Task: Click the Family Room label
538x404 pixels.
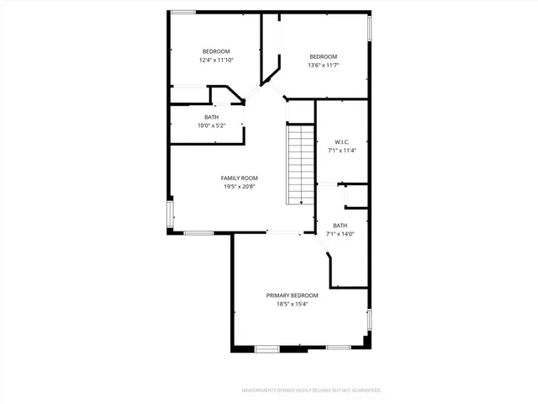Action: pyautogui.click(x=239, y=178)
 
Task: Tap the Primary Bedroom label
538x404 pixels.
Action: pyautogui.click(x=292, y=295)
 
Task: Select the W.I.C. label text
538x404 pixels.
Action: pyautogui.click(x=341, y=141)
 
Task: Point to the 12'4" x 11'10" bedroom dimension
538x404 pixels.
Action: pyautogui.click(x=216, y=60)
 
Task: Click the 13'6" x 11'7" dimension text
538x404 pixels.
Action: pyautogui.click(x=323, y=65)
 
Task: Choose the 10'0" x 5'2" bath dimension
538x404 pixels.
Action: pyautogui.click(x=212, y=125)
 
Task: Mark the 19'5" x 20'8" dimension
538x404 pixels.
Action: pyautogui.click(x=239, y=187)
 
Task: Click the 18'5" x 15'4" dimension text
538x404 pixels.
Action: pyautogui.click(x=292, y=305)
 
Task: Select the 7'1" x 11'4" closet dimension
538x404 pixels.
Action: pyautogui.click(x=341, y=151)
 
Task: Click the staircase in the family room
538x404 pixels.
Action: pyautogui.click(x=299, y=164)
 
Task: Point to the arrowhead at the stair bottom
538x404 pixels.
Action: pyautogui.click(x=301, y=203)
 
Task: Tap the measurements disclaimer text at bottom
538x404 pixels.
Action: pyautogui.click(x=311, y=391)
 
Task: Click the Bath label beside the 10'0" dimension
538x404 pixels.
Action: pyautogui.click(x=212, y=117)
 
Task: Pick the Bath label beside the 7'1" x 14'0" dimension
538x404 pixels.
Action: pyautogui.click(x=340, y=226)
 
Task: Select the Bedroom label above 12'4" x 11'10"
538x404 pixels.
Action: pyautogui.click(x=216, y=51)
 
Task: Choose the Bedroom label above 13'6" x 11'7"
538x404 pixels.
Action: pyautogui.click(x=323, y=56)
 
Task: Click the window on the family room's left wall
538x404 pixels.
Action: pyautogui.click(x=171, y=214)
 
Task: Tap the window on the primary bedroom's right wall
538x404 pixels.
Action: pyautogui.click(x=368, y=320)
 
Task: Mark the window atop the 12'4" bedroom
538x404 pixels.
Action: pyautogui.click(x=183, y=11)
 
